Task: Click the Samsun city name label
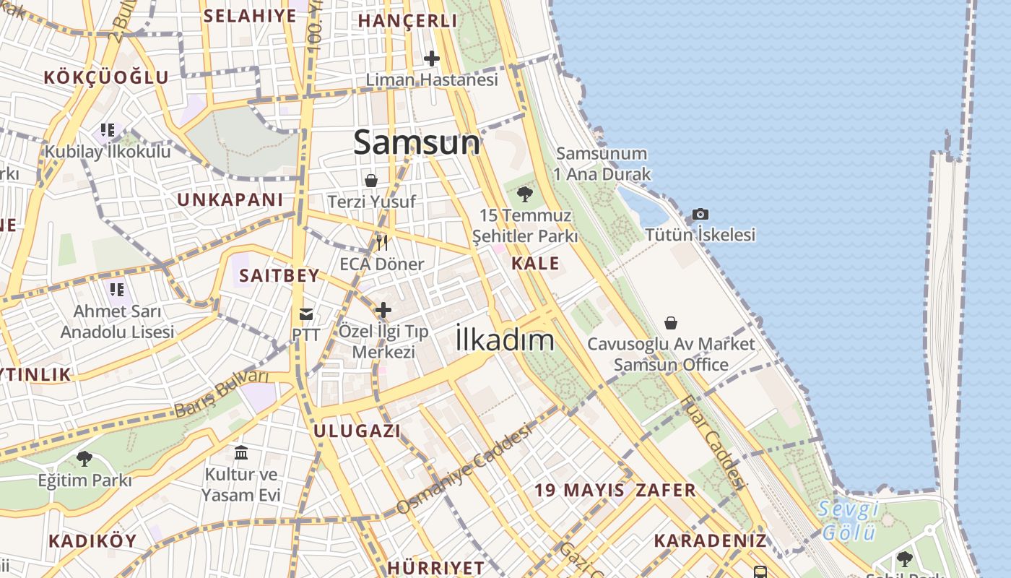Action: point(417,142)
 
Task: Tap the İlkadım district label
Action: point(505,340)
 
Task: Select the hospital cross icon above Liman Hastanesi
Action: point(432,58)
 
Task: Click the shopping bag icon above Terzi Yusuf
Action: point(371,181)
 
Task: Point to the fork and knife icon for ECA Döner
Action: point(382,242)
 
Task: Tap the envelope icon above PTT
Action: point(306,314)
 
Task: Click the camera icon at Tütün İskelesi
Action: point(700,214)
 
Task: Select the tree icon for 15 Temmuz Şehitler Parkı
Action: point(525,194)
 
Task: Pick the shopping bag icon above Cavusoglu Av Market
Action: point(671,322)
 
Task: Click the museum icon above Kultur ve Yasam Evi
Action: point(241,453)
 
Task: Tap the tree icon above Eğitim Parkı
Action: point(84,458)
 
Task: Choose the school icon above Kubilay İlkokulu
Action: point(108,131)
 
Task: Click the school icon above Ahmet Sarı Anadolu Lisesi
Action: point(117,290)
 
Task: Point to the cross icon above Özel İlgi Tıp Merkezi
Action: point(383,310)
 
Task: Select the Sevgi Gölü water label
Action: point(849,520)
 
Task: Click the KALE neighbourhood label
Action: point(535,263)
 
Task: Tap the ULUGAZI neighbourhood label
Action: point(357,431)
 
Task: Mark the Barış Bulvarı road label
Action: point(221,394)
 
